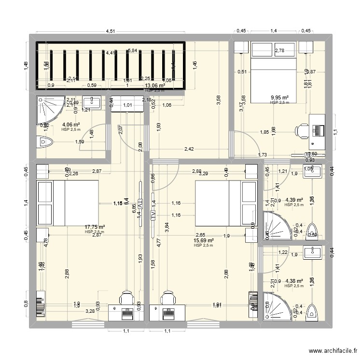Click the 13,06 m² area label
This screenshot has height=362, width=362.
pos(154,86)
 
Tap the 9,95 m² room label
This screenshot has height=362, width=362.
pos(279,97)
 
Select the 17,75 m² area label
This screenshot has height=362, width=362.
pos(95,227)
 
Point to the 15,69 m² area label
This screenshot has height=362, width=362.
pos(203,240)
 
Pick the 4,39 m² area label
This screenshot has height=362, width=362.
pos(293,200)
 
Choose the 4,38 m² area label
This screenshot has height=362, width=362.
pos(293,281)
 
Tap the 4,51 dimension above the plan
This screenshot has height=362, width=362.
pos(111,32)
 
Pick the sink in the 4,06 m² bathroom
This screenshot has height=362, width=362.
pos(91,102)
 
